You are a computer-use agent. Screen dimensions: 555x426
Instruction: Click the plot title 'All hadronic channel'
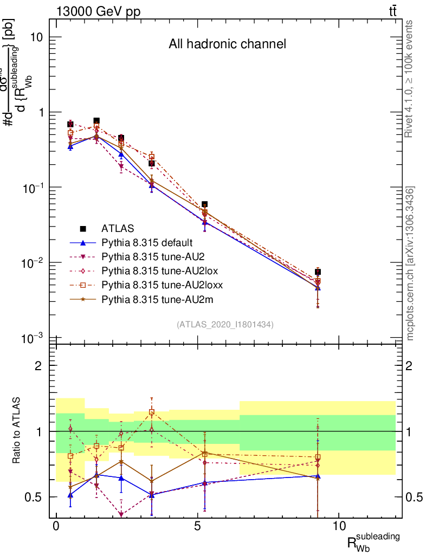227,44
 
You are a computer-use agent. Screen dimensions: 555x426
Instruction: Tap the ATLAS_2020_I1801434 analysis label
224,325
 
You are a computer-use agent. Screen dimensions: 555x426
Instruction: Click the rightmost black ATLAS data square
318,272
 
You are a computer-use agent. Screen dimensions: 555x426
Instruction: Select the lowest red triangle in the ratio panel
121,514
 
